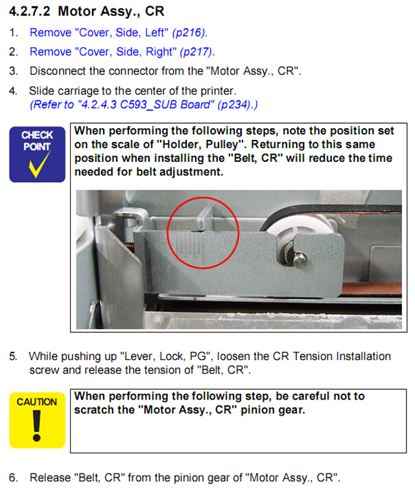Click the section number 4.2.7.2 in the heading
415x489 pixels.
pos(29,12)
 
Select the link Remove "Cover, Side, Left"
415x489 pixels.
pos(99,33)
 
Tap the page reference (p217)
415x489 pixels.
pos(197,52)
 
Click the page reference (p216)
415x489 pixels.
pos(190,33)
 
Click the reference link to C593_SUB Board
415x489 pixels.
pos(144,104)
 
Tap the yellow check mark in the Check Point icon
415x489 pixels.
pos(40,165)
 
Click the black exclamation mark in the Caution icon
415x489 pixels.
pos(37,426)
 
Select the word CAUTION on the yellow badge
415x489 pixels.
pos(37,402)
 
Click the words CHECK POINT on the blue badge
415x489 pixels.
pos(37,141)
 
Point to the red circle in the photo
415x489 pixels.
pos(203,198)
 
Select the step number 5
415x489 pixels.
pos(13,356)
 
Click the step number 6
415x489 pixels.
pos(13,478)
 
